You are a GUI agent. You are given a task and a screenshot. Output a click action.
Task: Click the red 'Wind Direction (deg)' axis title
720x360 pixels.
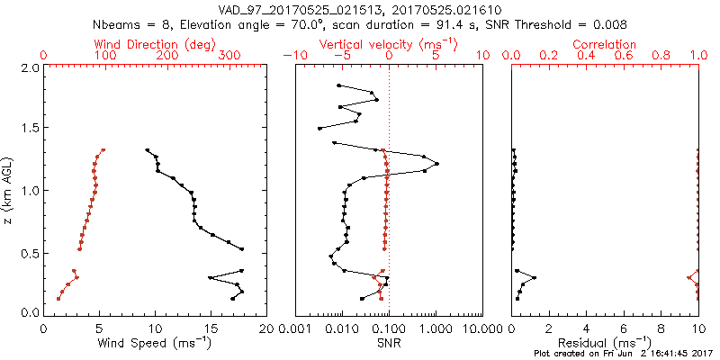pyautogui.click(x=154, y=44)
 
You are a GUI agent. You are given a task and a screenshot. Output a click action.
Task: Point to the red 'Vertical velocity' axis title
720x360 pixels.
pyautogui.click(x=388, y=44)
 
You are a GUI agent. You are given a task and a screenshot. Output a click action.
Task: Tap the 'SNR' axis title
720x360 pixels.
pyautogui.click(x=389, y=342)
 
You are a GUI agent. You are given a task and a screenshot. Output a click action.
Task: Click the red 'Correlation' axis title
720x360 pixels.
pyautogui.click(x=605, y=44)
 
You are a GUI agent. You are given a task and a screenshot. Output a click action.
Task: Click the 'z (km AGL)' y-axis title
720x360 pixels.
pyautogui.click(x=8, y=189)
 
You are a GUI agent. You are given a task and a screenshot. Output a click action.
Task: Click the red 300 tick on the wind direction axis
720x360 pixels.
pyautogui.click(x=229, y=56)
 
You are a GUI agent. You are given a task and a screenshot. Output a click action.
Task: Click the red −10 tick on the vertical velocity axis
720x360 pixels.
pyautogui.click(x=294, y=56)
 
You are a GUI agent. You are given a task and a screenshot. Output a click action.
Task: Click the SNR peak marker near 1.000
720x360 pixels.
pyautogui.click(x=436, y=164)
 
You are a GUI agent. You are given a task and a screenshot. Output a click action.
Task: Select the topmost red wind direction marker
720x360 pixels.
pyautogui.click(x=103, y=150)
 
